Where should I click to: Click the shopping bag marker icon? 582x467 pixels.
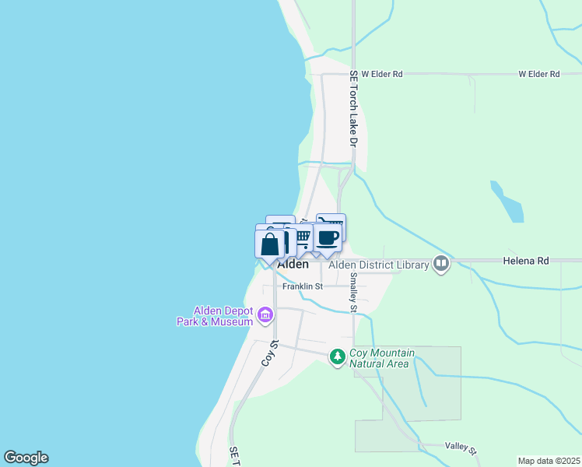coord(269,244)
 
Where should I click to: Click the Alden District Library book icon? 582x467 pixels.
coord(442,265)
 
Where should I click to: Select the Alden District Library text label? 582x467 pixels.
coord(379,265)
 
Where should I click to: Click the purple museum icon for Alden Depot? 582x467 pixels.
coord(265,315)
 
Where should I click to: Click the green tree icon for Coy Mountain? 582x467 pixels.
coord(337,356)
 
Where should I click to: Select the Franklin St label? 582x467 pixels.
coord(303,286)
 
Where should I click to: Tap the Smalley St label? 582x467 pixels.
coord(353,292)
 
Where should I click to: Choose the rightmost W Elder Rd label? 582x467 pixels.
coord(539,75)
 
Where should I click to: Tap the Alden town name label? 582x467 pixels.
coord(293,265)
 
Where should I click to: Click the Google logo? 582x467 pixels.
coord(25,458)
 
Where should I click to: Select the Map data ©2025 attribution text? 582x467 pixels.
coord(549,461)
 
